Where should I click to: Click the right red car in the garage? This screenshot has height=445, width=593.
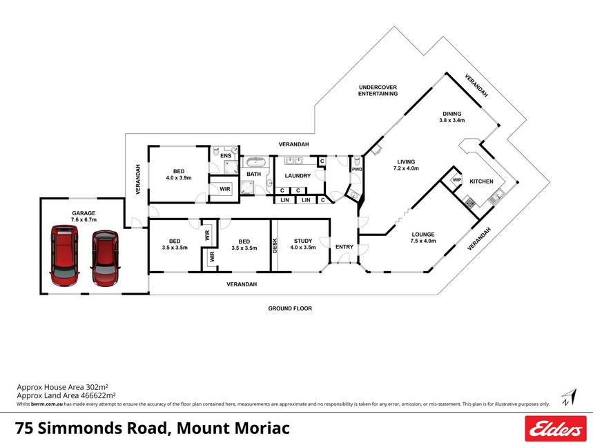106,257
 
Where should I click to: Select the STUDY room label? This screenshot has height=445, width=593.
303,241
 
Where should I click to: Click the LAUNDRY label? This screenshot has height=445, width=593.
298,175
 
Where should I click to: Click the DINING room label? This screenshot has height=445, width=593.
452,114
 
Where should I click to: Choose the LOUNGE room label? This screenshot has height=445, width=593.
422,234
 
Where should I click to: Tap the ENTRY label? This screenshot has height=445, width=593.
344,247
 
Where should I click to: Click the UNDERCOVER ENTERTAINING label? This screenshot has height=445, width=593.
378,90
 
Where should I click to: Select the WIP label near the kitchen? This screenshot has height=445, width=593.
456,180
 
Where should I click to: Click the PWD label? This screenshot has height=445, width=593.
357,169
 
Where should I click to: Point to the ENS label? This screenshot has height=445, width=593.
225,156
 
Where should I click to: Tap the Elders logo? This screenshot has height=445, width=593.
555,429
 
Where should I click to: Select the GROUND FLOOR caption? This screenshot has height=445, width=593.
290,308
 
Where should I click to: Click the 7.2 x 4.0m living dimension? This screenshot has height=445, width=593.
405,168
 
